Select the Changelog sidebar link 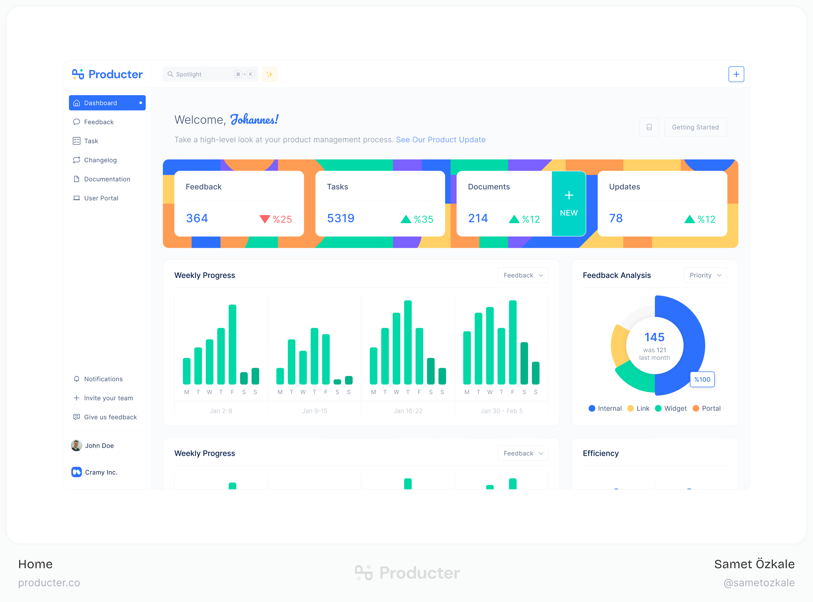[100, 160]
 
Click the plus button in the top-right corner [736, 74]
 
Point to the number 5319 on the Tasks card [340, 218]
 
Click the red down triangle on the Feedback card [265, 219]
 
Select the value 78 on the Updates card [616, 218]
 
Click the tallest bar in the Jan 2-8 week [232, 344]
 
